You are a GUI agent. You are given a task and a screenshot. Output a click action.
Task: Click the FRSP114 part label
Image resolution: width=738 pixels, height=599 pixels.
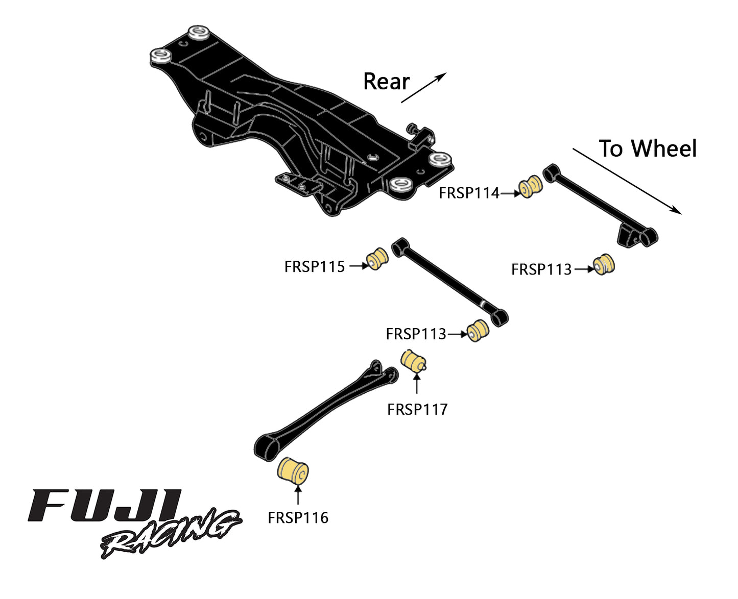pos(469,193)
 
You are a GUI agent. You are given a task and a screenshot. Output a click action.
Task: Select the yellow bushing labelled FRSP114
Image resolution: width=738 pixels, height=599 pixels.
pos(531,187)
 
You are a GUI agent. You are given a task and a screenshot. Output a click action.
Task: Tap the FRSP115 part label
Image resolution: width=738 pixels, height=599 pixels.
pos(315,266)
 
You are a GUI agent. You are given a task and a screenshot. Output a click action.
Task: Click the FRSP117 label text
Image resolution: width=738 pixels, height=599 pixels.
pos(417,409)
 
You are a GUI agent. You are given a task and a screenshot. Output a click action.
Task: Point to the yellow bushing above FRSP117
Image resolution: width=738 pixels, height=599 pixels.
pos(413,361)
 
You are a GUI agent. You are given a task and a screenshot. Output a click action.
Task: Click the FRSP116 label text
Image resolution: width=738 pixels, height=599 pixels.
pos(298,518)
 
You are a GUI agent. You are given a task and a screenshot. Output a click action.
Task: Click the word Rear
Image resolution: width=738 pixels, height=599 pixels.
pos(386,82)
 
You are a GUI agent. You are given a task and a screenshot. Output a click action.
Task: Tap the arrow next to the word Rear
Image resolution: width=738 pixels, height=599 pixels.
pos(423,88)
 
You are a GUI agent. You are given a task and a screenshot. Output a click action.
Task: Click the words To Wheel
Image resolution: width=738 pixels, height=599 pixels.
pos(648,149)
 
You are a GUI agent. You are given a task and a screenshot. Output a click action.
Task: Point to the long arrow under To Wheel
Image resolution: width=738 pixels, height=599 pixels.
pos(627,181)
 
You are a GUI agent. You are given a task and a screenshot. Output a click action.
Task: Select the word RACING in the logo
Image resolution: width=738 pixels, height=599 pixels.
pos(171,534)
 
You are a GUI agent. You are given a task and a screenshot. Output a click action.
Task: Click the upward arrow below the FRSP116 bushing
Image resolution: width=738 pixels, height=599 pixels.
pos(298,495)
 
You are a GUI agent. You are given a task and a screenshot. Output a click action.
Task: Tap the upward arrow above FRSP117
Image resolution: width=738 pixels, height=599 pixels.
pos(417,384)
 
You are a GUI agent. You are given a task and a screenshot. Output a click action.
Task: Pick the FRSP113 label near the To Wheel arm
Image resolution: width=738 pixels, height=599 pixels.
pos(541,269)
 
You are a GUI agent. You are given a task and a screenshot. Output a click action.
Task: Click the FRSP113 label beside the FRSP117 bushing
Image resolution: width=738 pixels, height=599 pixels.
pos(416,334)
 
